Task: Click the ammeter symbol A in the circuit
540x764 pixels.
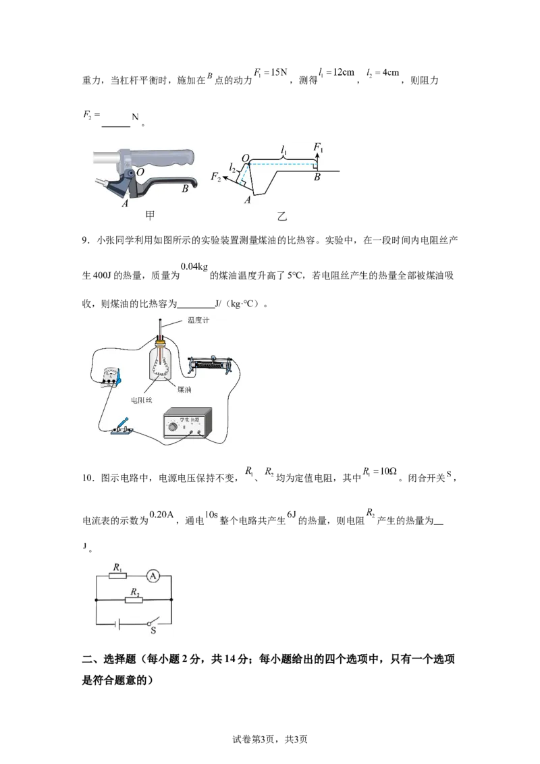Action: pos(153,576)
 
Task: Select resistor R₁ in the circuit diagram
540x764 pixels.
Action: pos(117,576)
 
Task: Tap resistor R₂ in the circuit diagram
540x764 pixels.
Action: pos(134,600)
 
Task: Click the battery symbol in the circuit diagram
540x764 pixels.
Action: pos(117,623)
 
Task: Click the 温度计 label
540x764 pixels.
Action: pos(198,320)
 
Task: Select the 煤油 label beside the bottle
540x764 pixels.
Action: pos(184,389)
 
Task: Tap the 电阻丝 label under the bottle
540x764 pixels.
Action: pos(141,400)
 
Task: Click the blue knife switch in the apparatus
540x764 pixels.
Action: pos(122,427)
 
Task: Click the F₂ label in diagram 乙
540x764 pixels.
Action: pos(215,176)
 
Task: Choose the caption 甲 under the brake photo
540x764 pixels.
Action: pos(150,215)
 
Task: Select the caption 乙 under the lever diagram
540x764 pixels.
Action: pos(281,216)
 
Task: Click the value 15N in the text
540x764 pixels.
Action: pos(279,72)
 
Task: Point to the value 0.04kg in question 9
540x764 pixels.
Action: pos(194,267)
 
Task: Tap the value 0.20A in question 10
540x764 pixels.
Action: pos(161,514)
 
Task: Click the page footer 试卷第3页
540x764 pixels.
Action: pos(253,739)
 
